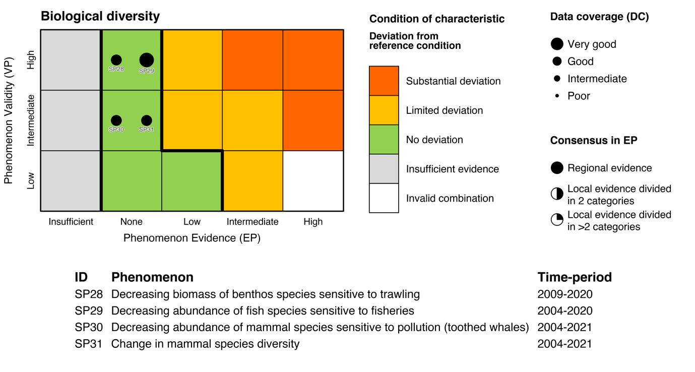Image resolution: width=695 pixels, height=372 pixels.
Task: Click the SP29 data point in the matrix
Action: (146, 60)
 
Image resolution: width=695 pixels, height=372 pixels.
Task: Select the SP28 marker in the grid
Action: (116, 60)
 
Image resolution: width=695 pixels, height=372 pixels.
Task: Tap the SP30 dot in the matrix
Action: (116, 120)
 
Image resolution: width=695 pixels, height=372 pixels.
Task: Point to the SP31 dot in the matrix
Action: (146, 120)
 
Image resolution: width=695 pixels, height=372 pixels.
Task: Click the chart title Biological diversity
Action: (100, 16)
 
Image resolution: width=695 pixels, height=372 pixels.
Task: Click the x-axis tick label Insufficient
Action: (71, 221)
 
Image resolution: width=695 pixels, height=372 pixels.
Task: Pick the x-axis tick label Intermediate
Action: (252, 221)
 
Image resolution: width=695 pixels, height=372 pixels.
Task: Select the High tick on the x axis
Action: (313, 221)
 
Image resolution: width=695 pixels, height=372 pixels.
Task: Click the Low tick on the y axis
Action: (31, 180)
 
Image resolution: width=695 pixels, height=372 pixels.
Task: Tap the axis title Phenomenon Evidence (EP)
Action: (192, 238)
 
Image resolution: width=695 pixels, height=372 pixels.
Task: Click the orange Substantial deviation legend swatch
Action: (384, 81)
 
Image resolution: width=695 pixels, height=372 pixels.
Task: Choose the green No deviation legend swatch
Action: (384, 140)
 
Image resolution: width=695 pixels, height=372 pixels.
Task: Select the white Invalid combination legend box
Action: (384, 198)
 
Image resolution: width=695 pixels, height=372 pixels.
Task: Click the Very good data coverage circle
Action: (556, 44)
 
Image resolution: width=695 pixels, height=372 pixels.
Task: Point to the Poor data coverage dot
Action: (556, 96)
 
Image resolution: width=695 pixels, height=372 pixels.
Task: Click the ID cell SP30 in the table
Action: (89, 327)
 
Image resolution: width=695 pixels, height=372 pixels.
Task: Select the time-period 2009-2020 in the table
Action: (564, 294)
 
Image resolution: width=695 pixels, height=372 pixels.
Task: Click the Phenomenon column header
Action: (152, 277)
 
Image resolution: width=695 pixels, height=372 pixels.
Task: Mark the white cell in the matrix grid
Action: (313, 180)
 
